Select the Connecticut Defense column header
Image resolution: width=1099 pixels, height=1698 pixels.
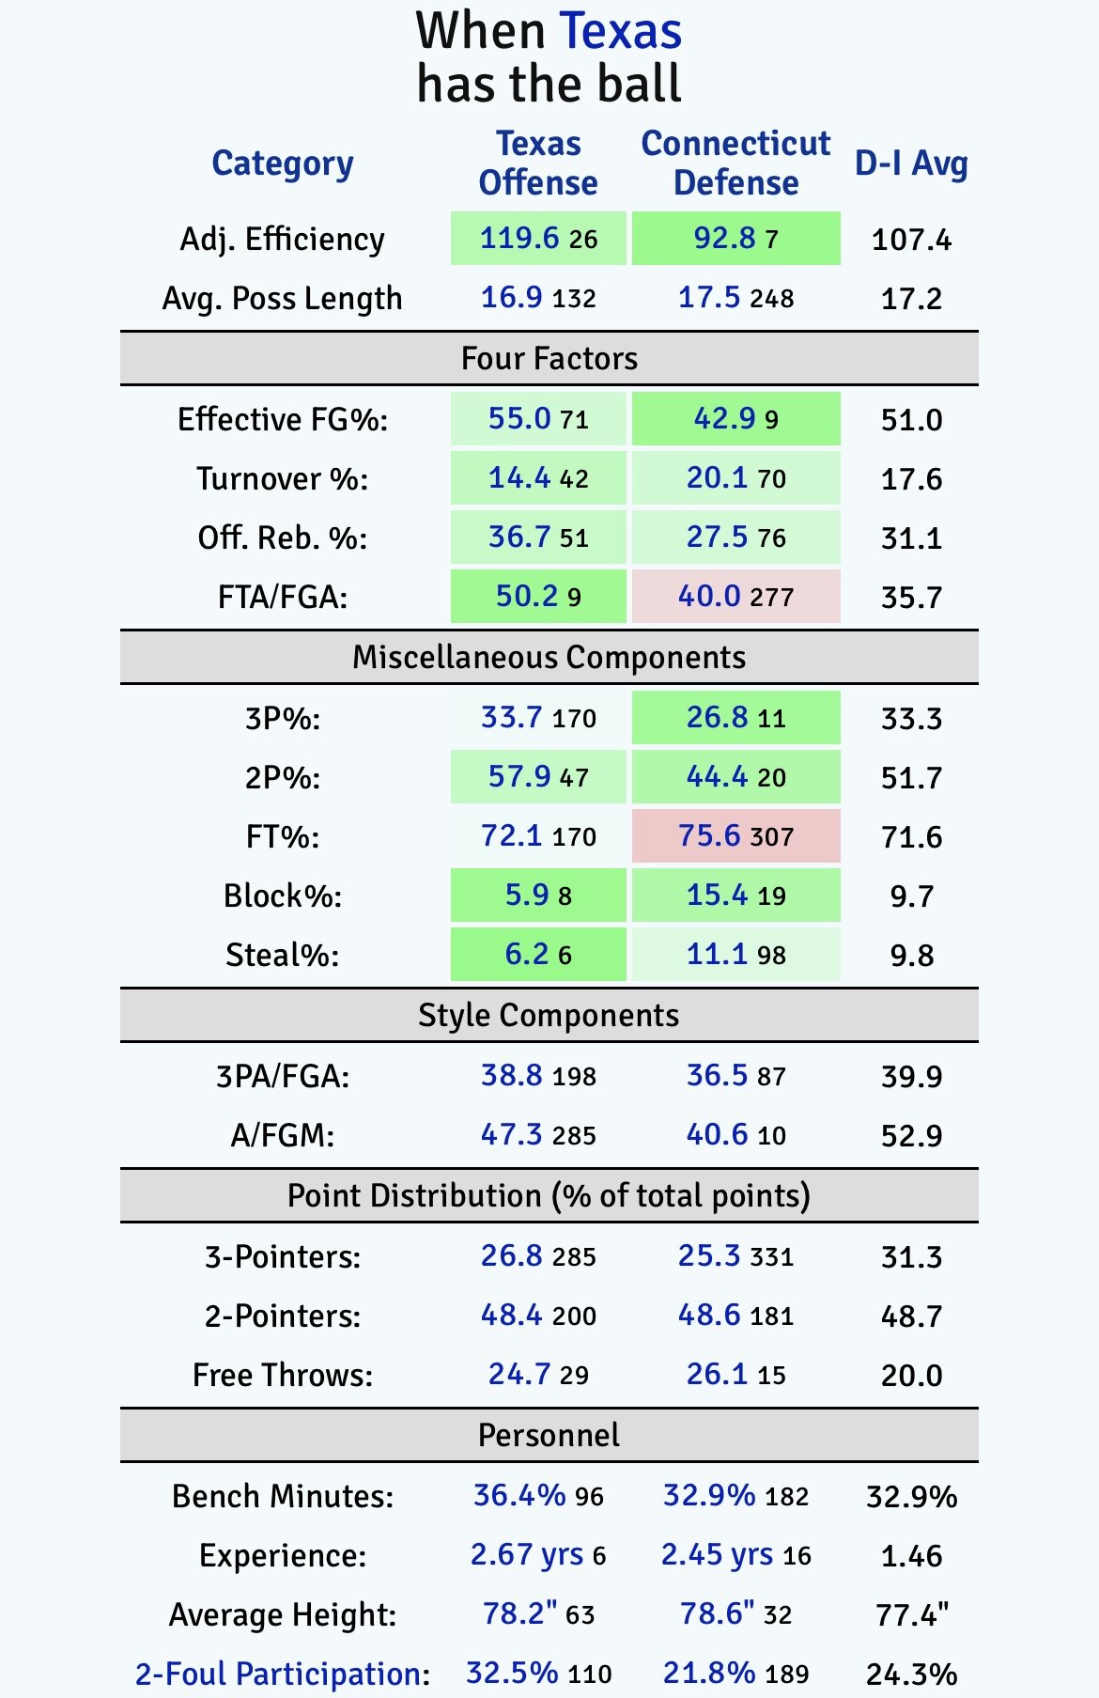coord(735,163)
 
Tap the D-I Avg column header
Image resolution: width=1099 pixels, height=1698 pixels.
coord(910,164)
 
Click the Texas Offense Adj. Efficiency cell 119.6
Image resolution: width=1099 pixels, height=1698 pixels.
coord(520,239)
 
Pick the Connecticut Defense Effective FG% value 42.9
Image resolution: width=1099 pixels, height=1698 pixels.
coord(724,418)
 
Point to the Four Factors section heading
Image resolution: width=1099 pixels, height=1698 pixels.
coord(549,358)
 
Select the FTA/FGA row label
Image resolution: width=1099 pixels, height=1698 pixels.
coord(282,597)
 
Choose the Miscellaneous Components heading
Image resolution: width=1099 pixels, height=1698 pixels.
coord(549,657)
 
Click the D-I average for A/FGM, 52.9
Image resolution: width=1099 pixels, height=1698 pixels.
coord(911,1136)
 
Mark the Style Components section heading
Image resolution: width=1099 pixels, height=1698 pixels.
coord(549,1015)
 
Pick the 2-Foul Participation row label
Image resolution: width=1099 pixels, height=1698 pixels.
coord(282,1674)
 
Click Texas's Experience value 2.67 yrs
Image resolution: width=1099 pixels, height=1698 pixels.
coord(527,1554)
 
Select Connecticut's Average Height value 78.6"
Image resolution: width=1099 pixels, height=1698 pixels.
coord(717,1613)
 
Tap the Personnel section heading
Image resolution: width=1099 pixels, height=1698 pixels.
coord(549,1435)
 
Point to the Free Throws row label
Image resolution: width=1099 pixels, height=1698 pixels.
coord(282,1375)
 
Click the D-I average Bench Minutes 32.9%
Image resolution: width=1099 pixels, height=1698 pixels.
coord(911,1496)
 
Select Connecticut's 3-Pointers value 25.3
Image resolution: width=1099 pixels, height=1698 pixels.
coord(709,1255)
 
